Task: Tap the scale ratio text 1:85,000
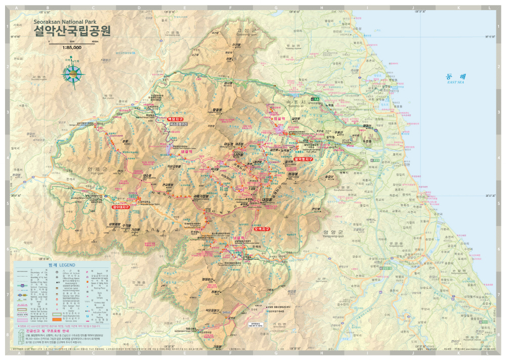point(72,48)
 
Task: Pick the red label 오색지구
point(262,229)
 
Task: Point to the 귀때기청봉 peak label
point(201,196)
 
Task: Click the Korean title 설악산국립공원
point(72,32)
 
